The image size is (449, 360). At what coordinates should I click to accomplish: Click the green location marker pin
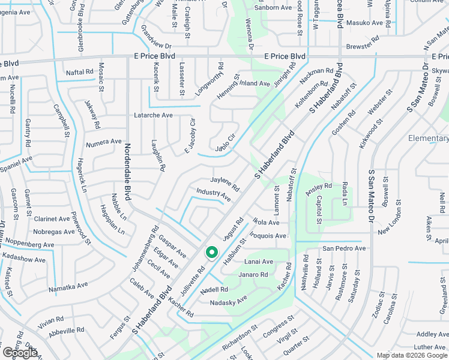(x=211, y=253)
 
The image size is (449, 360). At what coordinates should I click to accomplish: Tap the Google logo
(x=19, y=353)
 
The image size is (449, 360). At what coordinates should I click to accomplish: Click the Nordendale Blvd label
(x=128, y=172)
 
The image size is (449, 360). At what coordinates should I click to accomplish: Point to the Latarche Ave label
(x=153, y=115)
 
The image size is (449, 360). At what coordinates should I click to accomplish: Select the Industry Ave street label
(x=213, y=194)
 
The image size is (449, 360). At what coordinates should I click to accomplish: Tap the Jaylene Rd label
(x=224, y=184)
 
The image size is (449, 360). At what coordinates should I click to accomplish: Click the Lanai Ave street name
(x=259, y=262)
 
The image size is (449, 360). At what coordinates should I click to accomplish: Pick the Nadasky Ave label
(x=228, y=302)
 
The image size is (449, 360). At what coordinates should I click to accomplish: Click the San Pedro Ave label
(x=344, y=248)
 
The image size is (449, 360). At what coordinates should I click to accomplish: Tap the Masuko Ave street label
(x=366, y=23)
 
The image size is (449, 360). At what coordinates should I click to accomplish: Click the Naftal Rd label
(x=80, y=71)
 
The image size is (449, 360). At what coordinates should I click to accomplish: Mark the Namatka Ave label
(x=68, y=286)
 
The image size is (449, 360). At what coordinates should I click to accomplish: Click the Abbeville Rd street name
(x=66, y=331)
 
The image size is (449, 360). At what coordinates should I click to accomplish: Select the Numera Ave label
(x=103, y=142)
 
